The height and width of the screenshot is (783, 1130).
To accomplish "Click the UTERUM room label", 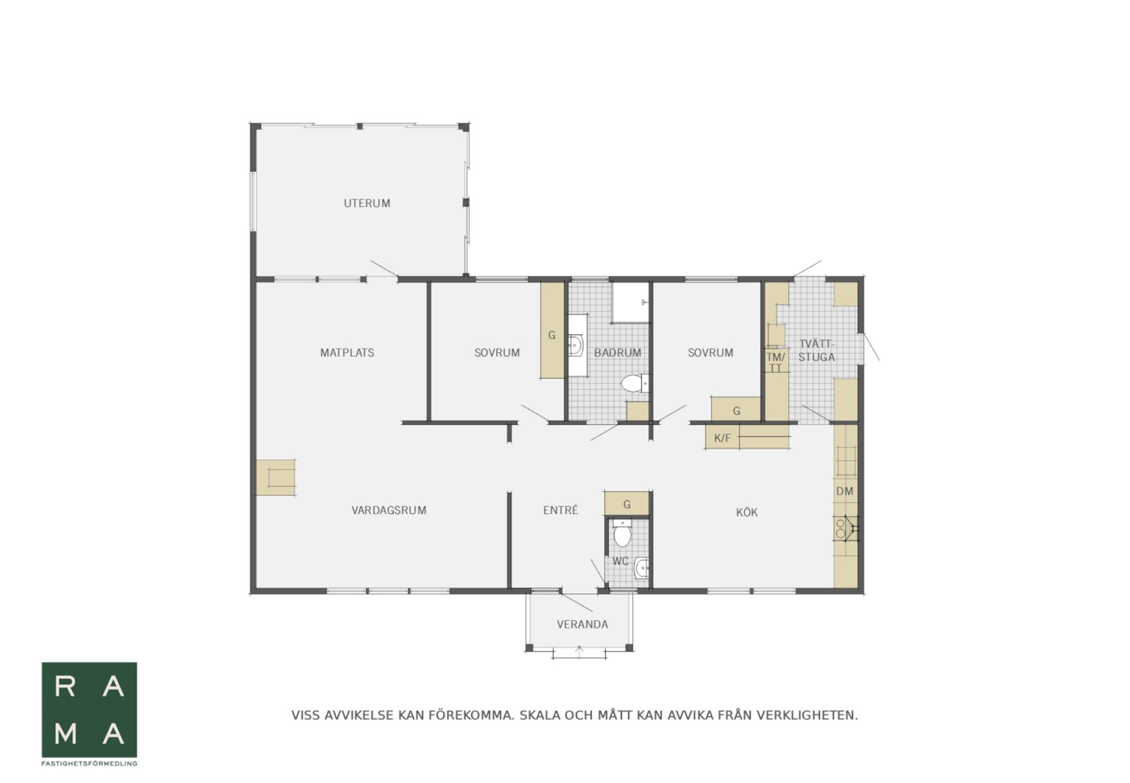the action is (x=367, y=203).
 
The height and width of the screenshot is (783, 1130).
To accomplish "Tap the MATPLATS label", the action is (x=347, y=353).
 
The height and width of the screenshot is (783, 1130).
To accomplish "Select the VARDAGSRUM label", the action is (x=388, y=510).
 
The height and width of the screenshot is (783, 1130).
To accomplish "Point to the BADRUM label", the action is (x=617, y=353).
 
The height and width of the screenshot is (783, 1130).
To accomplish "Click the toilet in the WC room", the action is (x=622, y=533).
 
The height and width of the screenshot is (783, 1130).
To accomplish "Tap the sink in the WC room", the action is (x=642, y=569).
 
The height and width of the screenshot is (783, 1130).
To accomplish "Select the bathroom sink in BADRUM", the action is (x=576, y=345).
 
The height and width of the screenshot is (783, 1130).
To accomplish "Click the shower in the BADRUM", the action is (x=630, y=303).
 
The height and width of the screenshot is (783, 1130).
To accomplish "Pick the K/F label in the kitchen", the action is (x=722, y=438).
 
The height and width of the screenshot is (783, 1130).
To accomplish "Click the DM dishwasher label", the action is (x=845, y=491).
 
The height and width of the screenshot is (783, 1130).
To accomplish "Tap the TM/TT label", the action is (x=776, y=362).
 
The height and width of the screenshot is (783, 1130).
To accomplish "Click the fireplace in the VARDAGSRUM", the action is (x=275, y=477).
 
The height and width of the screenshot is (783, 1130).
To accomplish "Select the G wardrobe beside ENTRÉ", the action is (x=627, y=504).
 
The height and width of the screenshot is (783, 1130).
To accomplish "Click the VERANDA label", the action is (x=582, y=624).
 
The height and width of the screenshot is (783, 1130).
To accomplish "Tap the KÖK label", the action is (x=747, y=512).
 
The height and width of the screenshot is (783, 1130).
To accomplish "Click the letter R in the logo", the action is (x=65, y=686).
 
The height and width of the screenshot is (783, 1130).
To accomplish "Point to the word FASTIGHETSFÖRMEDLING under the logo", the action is (x=89, y=764).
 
